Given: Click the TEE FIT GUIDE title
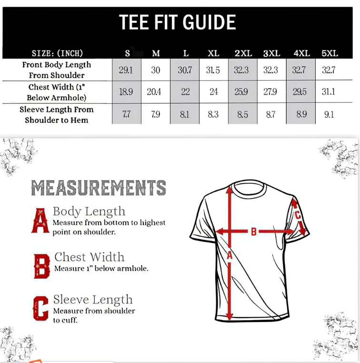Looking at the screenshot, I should (x=177, y=23).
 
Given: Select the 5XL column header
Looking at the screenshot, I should (x=330, y=53).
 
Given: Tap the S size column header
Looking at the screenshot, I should (x=127, y=53).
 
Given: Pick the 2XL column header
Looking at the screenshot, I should (x=243, y=53).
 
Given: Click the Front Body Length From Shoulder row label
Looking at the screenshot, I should (x=56, y=70).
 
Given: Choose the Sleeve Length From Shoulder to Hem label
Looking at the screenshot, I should (x=56, y=115).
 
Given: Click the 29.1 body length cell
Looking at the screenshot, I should (x=126, y=71).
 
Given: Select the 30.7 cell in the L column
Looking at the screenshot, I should (x=185, y=71).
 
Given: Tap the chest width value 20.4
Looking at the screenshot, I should (x=154, y=92).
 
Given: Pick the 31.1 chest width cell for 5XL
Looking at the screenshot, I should (x=328, y=92).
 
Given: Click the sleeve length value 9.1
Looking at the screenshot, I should (x=329, y=114).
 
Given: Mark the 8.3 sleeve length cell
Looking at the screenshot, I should (x=213, y=114).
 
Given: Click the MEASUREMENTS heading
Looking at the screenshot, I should (x=99, y=188).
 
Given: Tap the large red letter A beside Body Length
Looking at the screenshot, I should (x=40, y=220).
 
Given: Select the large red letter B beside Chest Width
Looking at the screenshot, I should (x=42, y=266).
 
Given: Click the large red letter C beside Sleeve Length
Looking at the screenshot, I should (x=41, y=309).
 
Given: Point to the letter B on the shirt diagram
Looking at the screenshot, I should (x=254, y=232).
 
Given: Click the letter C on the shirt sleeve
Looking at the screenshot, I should (x=298, y=215).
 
